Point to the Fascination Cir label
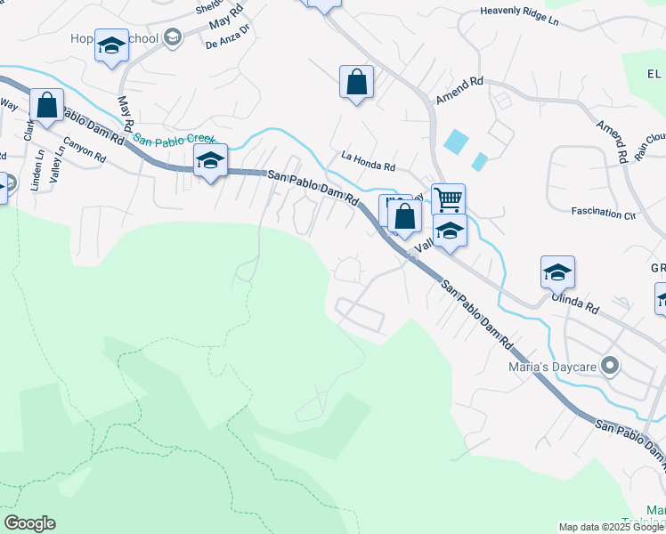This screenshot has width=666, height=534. click(x=605, y=214)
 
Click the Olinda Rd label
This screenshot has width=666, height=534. click(x=573, y=304)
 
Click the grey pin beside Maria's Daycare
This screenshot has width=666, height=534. click(x=610, y=365)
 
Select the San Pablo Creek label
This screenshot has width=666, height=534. click(x=175, y=139)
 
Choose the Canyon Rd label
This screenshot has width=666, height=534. click(x=85, y=149)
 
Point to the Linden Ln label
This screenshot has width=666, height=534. click(x=37, y=167)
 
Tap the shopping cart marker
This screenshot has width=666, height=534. click(x=448, y=198)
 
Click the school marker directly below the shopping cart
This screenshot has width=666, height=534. click(x=450, y=231)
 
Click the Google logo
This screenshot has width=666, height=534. click(x=29, y=523)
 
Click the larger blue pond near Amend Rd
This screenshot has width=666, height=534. click(x=455, y=141)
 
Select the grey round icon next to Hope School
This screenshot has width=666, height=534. click(x=172, y=37)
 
